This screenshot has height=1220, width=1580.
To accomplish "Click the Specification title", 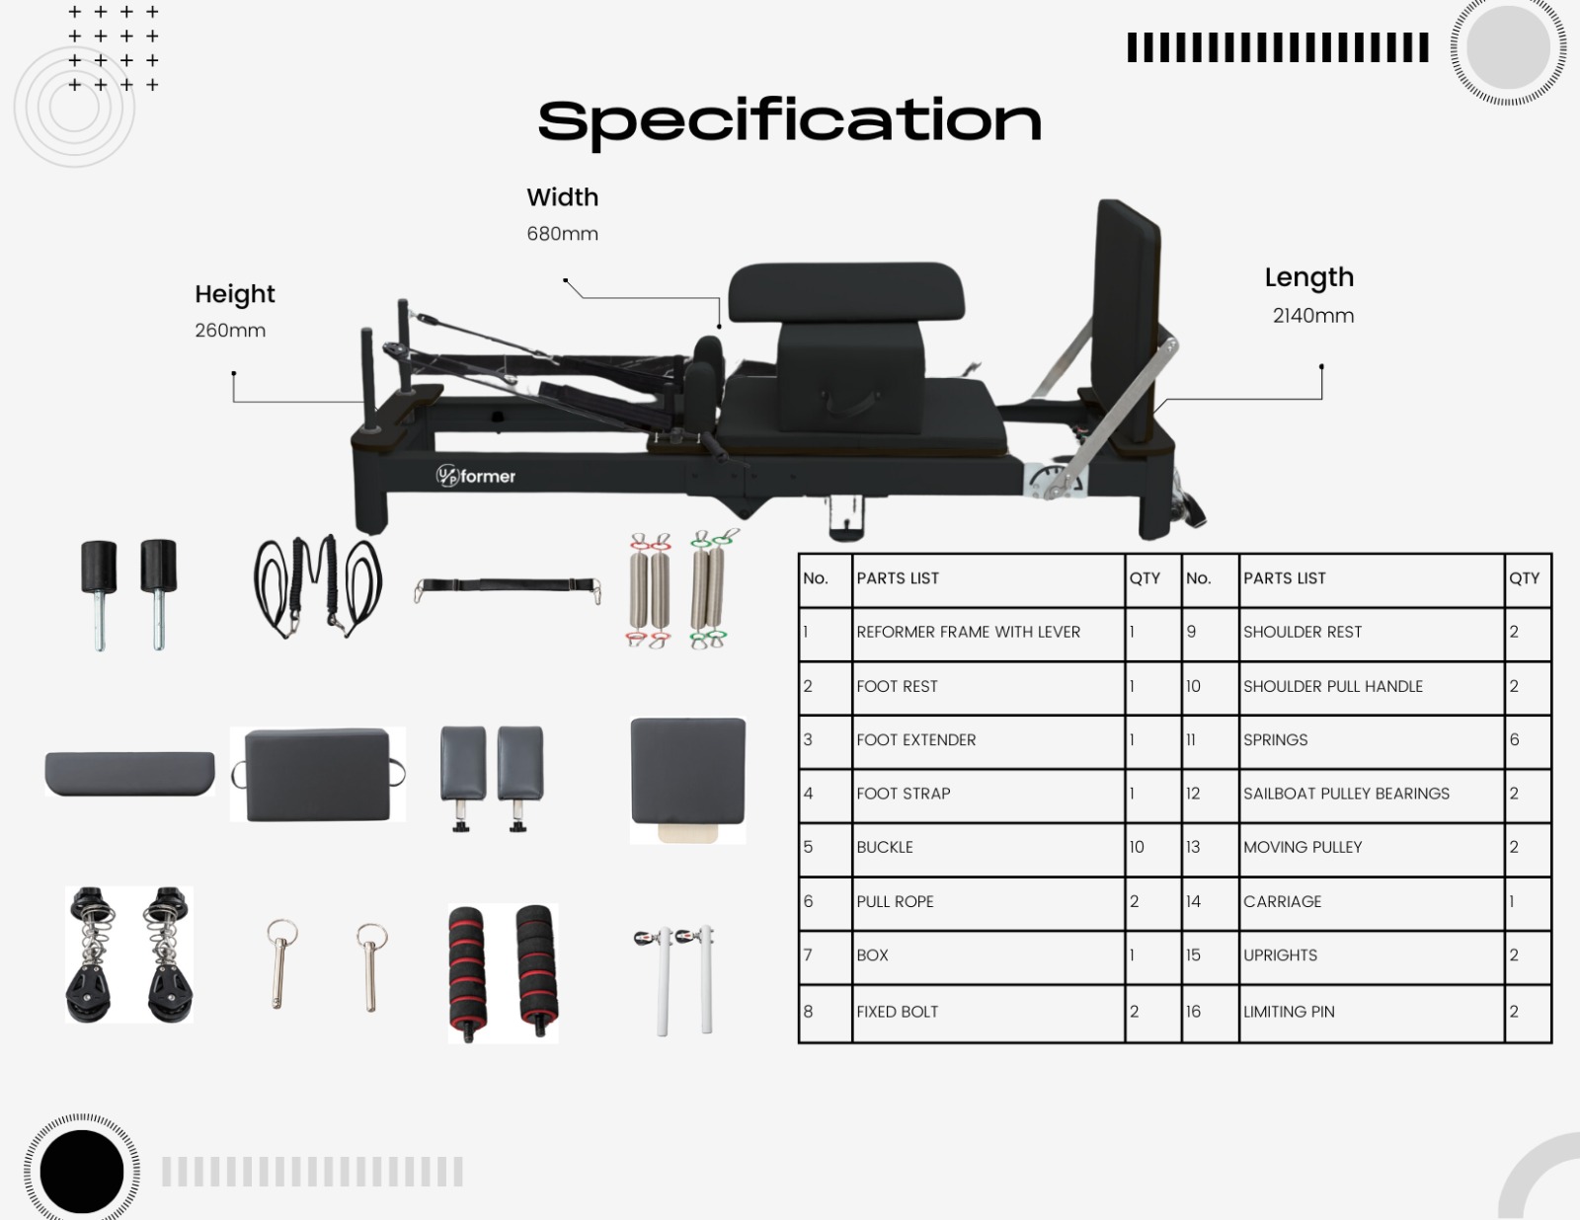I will (789, 120).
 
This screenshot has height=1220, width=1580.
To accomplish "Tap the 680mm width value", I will (562, 234).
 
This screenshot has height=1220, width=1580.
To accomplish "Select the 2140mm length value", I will (1312, 316).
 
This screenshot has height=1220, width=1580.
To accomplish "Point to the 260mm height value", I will (230, 331).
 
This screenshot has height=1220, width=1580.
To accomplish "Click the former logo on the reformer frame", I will (476, 476).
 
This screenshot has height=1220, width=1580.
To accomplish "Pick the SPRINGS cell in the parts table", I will (1275, 740).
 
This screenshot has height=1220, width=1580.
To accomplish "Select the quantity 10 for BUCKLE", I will (1137, 847).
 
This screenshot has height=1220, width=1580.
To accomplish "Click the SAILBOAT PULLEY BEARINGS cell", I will (1346, 794).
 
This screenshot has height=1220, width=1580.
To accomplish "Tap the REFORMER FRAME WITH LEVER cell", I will (968, 632).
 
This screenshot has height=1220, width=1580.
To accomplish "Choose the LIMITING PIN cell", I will (1289, 1012).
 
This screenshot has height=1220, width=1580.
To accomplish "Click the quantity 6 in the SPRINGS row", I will (1514, 740).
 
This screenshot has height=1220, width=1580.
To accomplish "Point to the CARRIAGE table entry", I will (1282, 901).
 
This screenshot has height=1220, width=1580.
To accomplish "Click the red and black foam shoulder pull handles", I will (503, 972).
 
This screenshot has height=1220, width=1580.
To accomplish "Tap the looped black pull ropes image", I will (317, 586).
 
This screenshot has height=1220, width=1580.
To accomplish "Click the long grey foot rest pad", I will (129, 773).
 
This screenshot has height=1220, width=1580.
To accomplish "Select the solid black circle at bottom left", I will (82, 1172).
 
